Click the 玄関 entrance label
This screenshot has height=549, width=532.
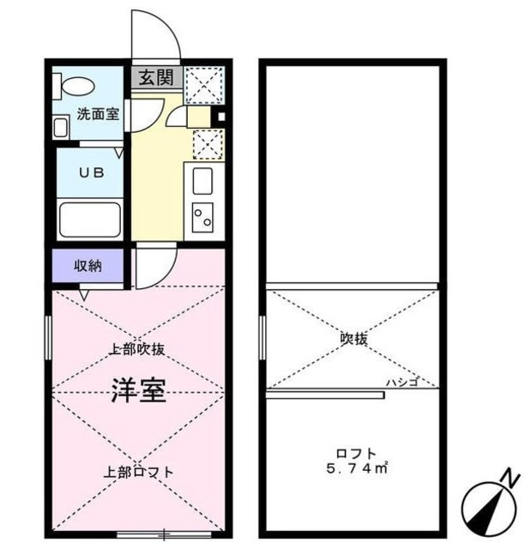point(155,77)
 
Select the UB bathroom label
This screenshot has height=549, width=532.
point(91,172)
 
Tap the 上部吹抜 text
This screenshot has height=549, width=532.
point(137,349)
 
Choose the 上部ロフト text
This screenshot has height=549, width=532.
point(140,471)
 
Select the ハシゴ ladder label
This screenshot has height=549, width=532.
point(402,383)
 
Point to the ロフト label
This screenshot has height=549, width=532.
point(354,454)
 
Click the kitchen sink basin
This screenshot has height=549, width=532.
point(203,182)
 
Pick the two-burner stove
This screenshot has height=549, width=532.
point(203,216)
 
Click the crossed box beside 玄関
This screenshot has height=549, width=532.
point(206,80)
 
